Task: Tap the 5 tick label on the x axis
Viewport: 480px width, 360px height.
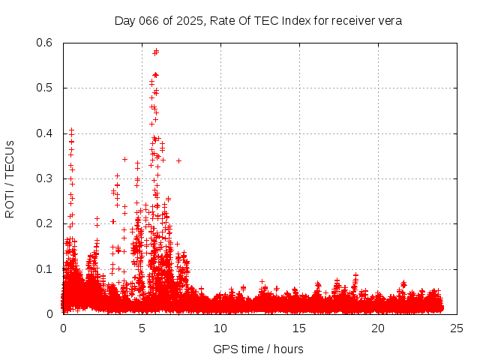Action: tap(142, 328)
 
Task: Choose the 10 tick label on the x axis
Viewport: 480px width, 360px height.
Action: tap(220, 328)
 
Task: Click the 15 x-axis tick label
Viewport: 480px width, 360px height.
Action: tap(299, 328)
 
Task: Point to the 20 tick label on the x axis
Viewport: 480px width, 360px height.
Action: tap(378, 328)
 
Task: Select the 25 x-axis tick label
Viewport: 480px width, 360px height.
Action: tap(457, 328)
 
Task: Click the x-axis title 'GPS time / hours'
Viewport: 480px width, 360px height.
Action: tap(258, 349)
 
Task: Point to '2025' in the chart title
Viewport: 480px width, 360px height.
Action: tap(190, 20)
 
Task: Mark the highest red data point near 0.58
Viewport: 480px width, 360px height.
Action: tap(156, 51)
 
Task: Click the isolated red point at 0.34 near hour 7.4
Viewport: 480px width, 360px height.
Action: tap(178, 160)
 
